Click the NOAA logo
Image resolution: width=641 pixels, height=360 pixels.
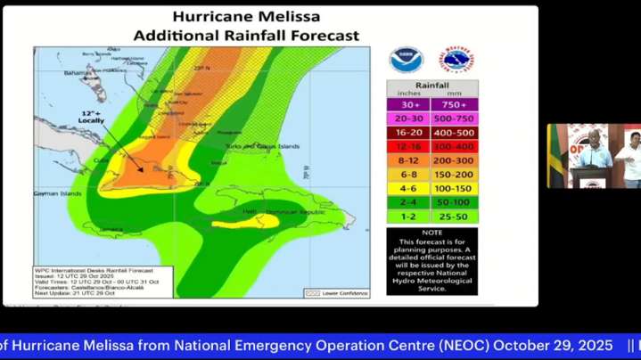(x=406, y=60)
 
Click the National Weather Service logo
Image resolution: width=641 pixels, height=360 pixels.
(x=458, y=60)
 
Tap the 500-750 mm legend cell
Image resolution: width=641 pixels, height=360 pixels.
(x=455, y=119)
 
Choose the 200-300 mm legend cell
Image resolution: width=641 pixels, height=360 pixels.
(x=455, y=160)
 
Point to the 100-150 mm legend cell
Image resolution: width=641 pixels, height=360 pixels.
(x=455, y=188)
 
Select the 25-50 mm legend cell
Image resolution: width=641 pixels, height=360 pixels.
(x=455, y=216)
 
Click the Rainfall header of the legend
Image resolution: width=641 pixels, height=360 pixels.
(x=431, y=87)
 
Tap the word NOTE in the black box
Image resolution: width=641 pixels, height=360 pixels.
(x=431, y=233)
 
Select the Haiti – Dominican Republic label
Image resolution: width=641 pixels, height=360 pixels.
(x=284, y=212)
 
